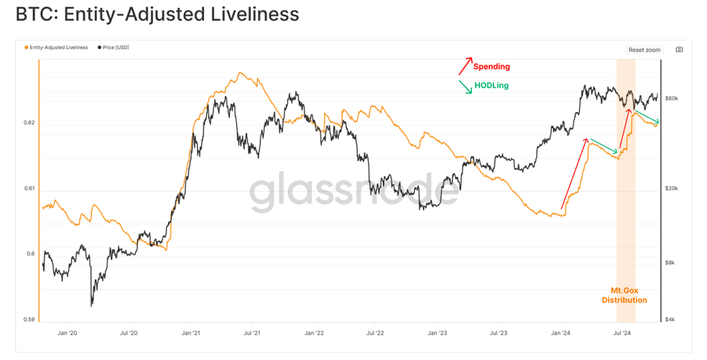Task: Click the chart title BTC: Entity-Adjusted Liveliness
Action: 157,14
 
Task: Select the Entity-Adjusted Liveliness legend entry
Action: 56,47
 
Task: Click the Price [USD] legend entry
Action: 114,47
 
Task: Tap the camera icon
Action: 679,50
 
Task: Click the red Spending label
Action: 491,67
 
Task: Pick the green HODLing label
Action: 491,86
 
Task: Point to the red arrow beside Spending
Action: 466,66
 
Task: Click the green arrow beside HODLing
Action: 466,87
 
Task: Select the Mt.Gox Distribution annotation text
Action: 624,295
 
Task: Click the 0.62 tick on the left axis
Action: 29,123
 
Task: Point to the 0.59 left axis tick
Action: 29,320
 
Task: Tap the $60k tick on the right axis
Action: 672,98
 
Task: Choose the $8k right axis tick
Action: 670,262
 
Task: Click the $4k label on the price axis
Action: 670,320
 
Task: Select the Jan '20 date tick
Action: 68,333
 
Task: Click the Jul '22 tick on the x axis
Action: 375,333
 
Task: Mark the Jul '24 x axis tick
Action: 621,333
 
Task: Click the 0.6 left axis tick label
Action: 31,254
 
